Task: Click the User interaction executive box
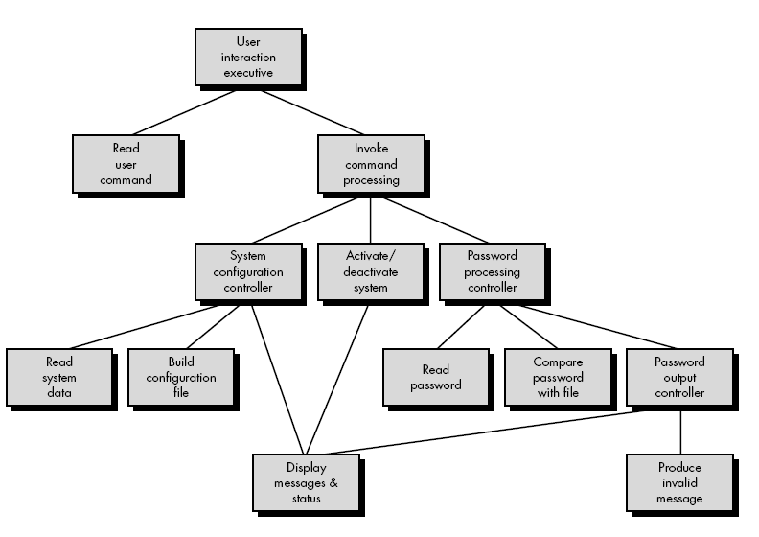click(x=247, y=57)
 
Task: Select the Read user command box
click(x=126, y=164)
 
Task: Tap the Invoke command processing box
click(x=370, y=164)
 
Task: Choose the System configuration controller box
click(x=247, y=271)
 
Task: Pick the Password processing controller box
click(x=493, y=271)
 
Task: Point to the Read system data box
click(x=58, y=377)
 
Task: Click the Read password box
click(x=436, y=377)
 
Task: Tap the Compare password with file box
click(x=559, y=377)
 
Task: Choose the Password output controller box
click(x=679, y=377)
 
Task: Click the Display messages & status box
click(x=307, y=483)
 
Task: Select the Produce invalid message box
click(x=679, y=483)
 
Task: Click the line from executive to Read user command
click(x=182, y=112)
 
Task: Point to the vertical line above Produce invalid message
click(x=680, y=431)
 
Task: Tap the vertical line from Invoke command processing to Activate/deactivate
click(x=370, y=220)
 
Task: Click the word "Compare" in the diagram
click(x=559, y=362)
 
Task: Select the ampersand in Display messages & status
click(x=334, y=483)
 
